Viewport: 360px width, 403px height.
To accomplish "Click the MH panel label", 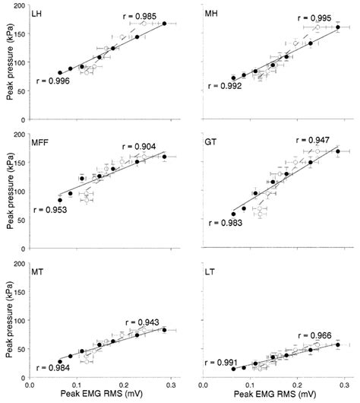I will tap(214, 14).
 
